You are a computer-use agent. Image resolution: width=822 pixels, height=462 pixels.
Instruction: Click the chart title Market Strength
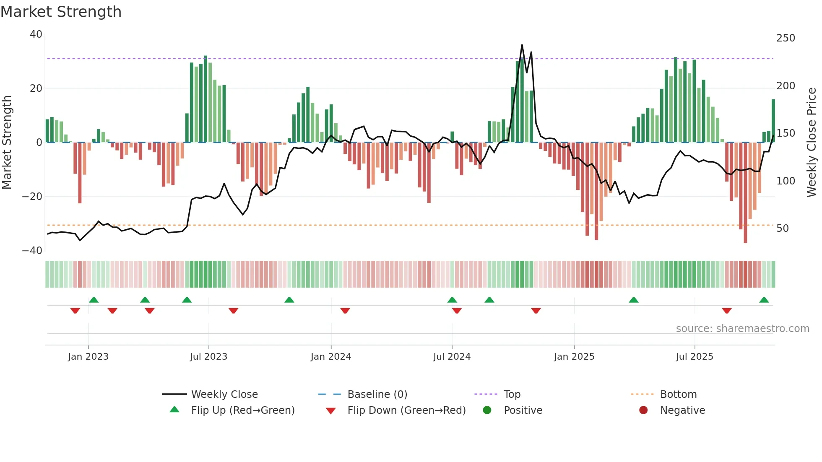[x=61, y=12]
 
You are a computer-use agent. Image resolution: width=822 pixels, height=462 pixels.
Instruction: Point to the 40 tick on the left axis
[x=36, y=34]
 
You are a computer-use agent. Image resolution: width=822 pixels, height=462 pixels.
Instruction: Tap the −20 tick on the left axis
[x=32, y=196]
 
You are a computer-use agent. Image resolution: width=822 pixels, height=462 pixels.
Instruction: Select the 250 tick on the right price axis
[x=786, y=38]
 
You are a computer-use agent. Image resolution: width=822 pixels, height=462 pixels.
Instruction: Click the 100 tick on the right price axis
[x=786, y=181]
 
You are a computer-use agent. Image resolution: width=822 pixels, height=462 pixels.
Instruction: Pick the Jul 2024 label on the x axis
[x=452, y=357]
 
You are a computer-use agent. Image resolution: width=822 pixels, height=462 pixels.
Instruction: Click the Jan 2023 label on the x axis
[x=88, y=357]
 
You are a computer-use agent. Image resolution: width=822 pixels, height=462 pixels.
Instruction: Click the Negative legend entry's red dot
[x=643, y=410]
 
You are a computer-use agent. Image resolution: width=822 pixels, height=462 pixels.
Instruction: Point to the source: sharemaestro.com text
[x=742, y=329]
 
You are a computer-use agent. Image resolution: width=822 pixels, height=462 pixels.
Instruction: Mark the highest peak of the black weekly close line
[x=522, y=45]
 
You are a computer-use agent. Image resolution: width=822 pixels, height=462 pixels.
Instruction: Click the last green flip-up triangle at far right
[x=764, y=300]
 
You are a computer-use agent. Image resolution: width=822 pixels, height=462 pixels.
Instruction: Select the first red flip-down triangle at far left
[x=75, y=311]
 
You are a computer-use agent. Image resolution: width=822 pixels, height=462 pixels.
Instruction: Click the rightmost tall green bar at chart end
[x=773, y=121]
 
